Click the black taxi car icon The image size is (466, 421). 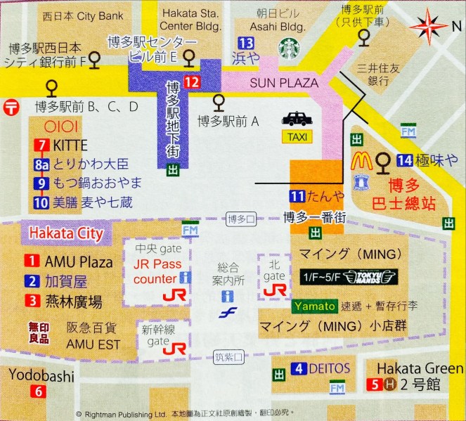pos(297,119)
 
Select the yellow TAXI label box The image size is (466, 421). pos(297,136)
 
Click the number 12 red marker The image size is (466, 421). pos(192,81)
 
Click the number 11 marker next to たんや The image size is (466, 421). pos(297,196)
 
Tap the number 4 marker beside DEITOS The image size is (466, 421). pos(299,368)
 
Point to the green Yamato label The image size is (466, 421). pos(312,307)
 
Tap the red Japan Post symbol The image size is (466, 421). pos(11,107)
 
